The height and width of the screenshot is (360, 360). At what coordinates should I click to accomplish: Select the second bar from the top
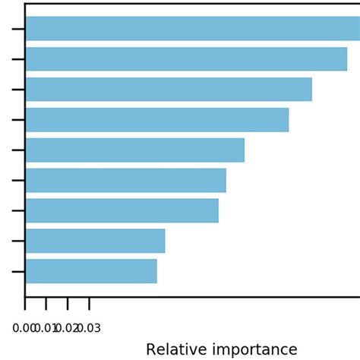[186, 59]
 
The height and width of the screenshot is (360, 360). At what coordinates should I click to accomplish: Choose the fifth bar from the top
[135, 150]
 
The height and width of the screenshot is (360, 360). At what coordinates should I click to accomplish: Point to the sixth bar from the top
[126, 181]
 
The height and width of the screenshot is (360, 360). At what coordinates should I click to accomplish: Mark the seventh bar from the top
[122, 210]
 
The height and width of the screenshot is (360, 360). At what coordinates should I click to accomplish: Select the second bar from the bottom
[95, 241]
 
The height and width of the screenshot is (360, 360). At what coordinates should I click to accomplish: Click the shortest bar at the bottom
[91, 271]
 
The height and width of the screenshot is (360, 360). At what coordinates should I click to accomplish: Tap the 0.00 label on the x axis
[24, 329]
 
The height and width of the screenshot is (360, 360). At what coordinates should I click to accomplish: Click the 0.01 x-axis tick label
[46, 329]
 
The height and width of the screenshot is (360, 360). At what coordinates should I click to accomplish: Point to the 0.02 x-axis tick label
[68, 329]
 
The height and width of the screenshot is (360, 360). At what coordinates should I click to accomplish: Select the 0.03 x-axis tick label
[90, 329]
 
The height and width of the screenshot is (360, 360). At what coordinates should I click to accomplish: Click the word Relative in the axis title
[174, 350]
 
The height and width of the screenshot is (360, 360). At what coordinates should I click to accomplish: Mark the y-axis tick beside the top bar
[19, 29]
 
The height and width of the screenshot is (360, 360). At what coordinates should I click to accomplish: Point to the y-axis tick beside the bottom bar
[19, 271]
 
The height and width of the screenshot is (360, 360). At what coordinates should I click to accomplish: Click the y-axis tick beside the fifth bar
[19, 150]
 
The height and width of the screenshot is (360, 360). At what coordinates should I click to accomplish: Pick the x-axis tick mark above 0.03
[90, 304]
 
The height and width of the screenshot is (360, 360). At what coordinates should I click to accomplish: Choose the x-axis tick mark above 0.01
[46, 304]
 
